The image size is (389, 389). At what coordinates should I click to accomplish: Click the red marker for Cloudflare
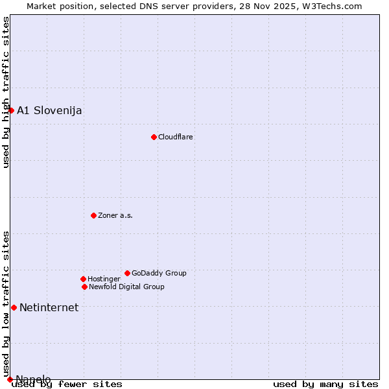[154, 137]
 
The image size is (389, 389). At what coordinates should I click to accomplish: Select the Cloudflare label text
[176, 137]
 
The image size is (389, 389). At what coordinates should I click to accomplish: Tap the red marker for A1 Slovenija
[11, 110]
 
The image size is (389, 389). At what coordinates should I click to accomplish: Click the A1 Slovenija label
[49, 110]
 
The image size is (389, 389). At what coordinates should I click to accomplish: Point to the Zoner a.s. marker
[93, 215]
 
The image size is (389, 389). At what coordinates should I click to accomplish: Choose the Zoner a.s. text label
[115, 215]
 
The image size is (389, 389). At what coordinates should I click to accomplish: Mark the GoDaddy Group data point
[127, 273]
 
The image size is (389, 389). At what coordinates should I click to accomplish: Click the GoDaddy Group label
[159, 273]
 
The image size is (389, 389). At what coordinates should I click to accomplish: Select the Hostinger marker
[83, 279]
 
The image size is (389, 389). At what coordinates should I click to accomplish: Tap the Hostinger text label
[104, 279]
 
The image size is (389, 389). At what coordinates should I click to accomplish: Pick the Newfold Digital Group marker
[84, 287]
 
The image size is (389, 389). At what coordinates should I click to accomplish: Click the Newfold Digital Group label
[126, 287]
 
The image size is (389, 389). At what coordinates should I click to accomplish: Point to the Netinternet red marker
[14, 307]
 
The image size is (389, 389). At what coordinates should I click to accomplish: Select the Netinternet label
[49, 307]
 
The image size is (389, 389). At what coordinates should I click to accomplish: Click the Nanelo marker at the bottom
[10, 379]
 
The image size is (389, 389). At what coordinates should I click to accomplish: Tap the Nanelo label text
[33, 379]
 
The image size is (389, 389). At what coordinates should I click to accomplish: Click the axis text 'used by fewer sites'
[67, 384]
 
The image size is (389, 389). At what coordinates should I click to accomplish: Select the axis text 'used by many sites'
[325, 384]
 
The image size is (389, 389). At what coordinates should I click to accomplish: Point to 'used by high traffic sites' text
[6, 92]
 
